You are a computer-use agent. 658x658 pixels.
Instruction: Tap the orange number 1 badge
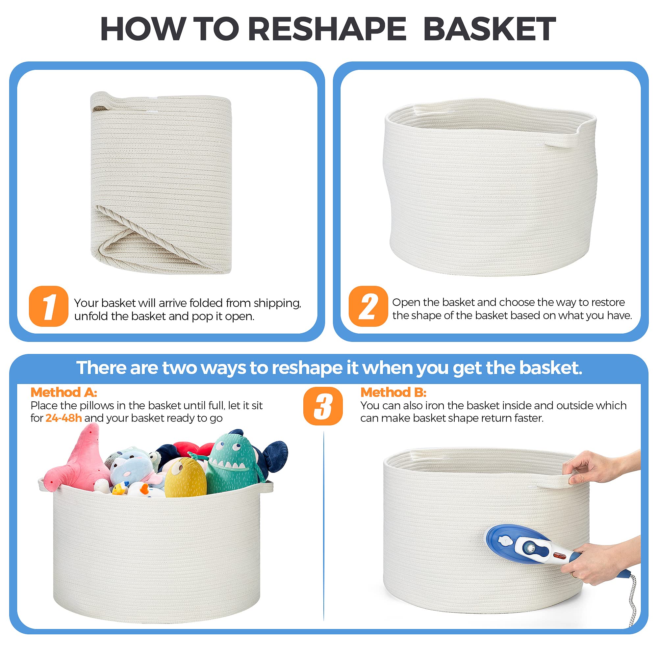[x=49, y=306]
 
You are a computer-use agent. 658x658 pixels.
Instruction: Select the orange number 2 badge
[x=368, y=306]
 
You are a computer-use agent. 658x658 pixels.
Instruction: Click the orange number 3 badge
[x=322, y=406]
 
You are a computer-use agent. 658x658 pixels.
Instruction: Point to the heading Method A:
[x=64, y=392]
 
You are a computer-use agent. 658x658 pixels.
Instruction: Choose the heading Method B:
[x=393, y=392]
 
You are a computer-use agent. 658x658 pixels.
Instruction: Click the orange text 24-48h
[x=63, y=418]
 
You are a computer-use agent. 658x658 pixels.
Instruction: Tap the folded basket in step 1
[x=161, y=184]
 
